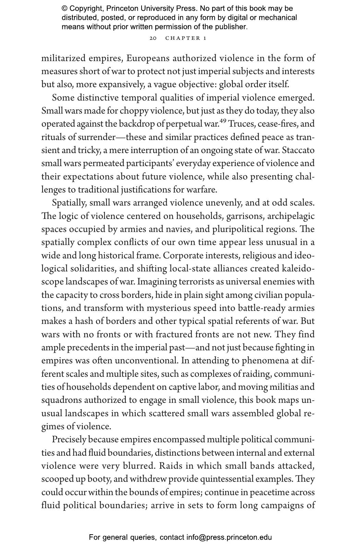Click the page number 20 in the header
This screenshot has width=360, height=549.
click(x=153, y=38)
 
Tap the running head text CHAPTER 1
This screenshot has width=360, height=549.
click(x=186, y=38)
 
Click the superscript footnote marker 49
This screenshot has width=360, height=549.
click(x=223, y=121)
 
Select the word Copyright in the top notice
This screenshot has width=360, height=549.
click(x=86, y=9)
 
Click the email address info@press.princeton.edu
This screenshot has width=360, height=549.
click(x=229, y=537)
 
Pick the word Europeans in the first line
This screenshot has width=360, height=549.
click(x=148, y=58)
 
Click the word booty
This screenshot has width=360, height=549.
click(x=99, y=479)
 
